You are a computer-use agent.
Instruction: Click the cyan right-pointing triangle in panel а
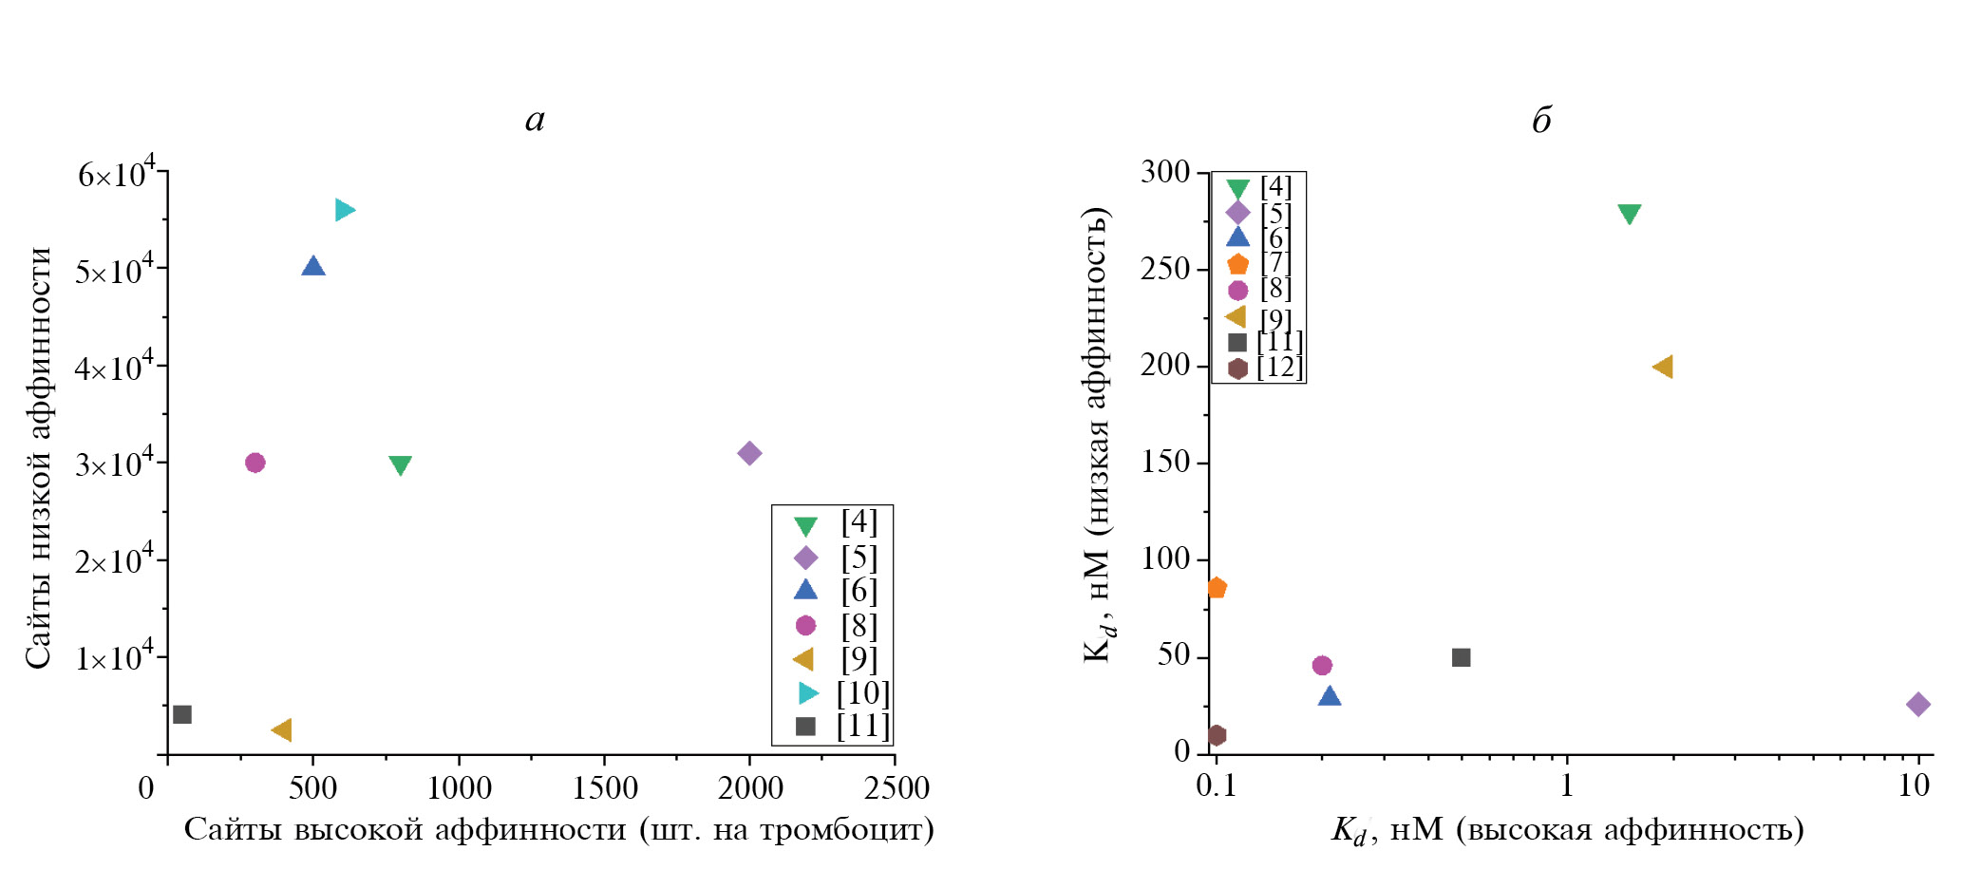(x=344, y=210)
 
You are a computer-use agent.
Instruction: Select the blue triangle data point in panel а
(x=313, y=266)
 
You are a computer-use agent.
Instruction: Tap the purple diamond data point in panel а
(x=749, y=453)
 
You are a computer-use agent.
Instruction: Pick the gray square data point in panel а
(x=182, y=714)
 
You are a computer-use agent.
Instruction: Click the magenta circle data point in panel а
(x=255, y=463)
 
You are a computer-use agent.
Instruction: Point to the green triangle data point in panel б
(x=1630, y=215)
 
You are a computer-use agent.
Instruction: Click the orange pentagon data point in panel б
(x=1217, y=588)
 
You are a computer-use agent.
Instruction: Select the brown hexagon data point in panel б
(x=1217, y=735)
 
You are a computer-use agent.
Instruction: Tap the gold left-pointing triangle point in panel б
(x=1662, y=367)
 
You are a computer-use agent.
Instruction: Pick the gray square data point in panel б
(x=1462, y=657)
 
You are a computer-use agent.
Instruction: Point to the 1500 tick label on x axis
(x=605, y=788)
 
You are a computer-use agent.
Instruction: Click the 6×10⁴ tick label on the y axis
(x=116, y=174)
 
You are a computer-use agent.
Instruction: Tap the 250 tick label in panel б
(x=1164, y=269)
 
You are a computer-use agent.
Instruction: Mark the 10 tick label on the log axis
(x=1914, y=786)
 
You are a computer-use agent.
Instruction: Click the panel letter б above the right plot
(x=1541, y=121)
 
